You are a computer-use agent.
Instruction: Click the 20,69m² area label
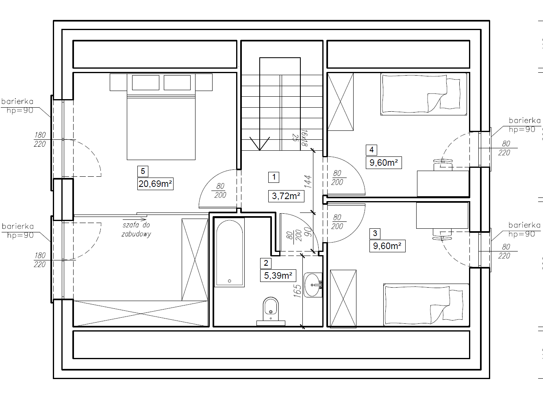pyautogui.click(x=155, y=184)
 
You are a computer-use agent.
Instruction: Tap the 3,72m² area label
pyautogui.click(x=286, y=196)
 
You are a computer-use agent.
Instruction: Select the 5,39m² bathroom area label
pyautogui.click(x=278, y=275)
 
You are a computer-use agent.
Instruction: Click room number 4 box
pyautogui.click(x=371, y=150)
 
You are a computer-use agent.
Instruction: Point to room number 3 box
pyautogui.click(x=375, y=233)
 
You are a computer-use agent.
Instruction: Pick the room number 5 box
pyautogui.click(x=143, y=171)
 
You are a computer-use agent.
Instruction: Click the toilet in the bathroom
pyautogui.click(x=271, y=311)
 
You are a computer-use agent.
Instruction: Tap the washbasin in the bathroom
pyautogui.click(x=313, y=285)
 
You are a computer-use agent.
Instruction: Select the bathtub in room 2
pyautogui.click(x=230, y=252)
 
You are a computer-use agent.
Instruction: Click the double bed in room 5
pyautogui.click(x=161, y=117)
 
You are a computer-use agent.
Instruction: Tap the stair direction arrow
pyautogui.click(x=259, y=143)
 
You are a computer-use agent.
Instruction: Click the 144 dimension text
pyautogui.click(x=308, y=181)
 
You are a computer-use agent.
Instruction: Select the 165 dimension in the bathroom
pyautogui.click(x=297, y=291)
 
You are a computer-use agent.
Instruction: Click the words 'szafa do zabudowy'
pyautogui.click(x=137, y=230)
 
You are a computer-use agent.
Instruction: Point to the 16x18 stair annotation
pyautogui.click(x=304, y=138)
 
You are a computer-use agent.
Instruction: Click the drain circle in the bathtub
pyautogui.click(x=229, y=281)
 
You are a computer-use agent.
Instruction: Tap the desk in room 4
pyautogui.click(x=443, y=183)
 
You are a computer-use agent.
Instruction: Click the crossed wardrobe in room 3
pyautogui.click(x=343, y=299)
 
